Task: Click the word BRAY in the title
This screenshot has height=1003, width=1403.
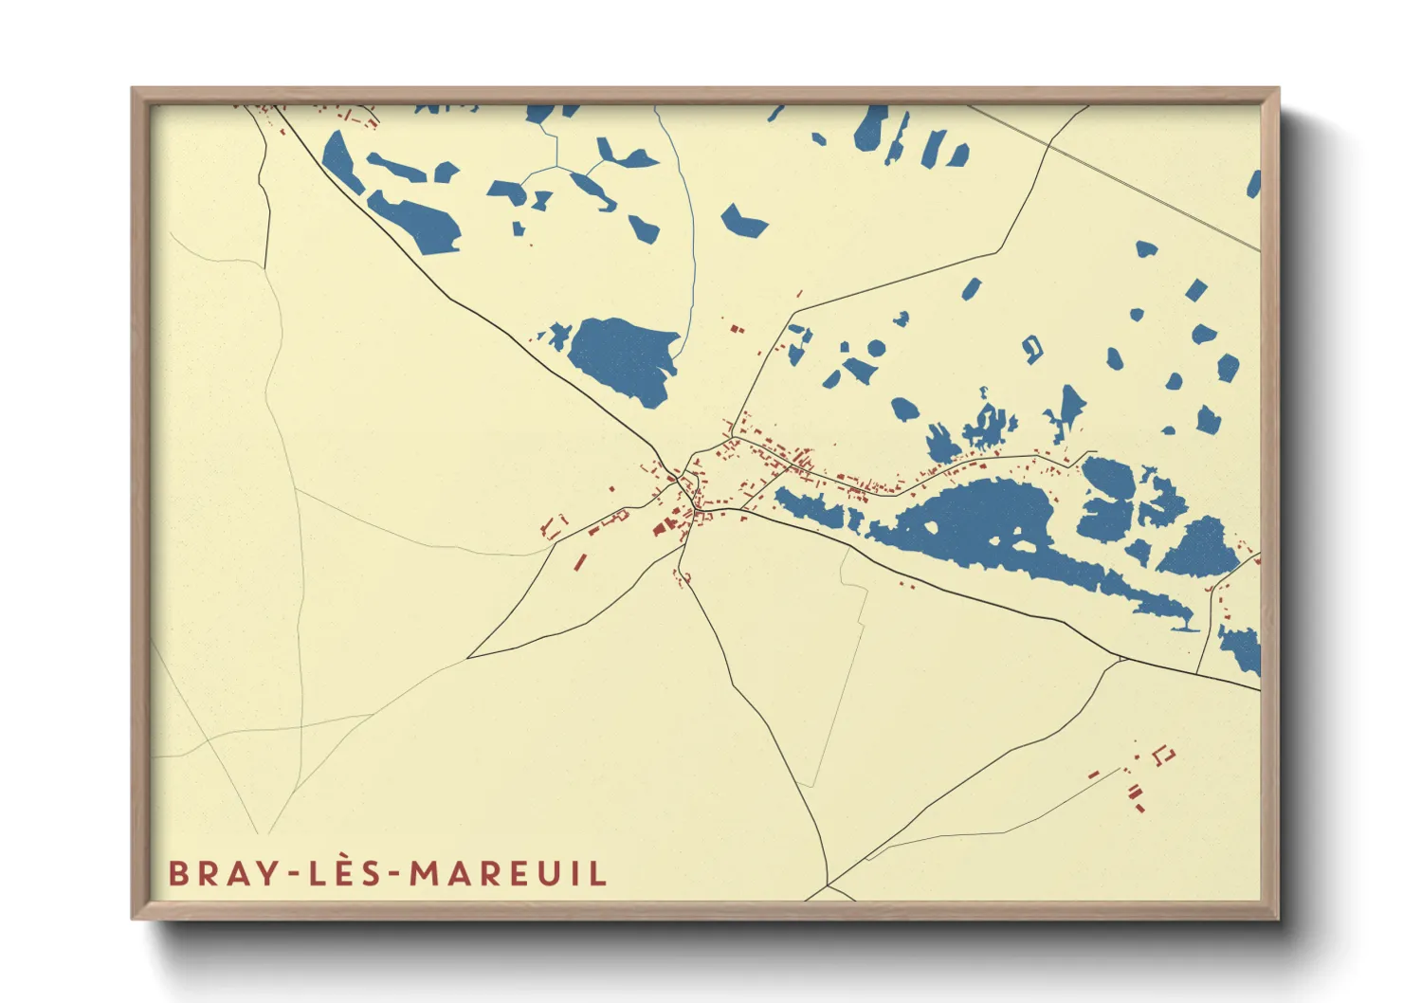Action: (x=220, y=872)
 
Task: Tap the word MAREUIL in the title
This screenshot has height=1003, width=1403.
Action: (x=508, y=872)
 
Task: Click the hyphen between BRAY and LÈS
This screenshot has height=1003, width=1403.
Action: (x=290, y=874)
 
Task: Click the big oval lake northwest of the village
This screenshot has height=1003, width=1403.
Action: (x=621, y=358)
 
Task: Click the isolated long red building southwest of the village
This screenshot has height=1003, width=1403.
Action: (x=579, y=562)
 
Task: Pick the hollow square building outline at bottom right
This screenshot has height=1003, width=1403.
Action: (x=1164, y=756)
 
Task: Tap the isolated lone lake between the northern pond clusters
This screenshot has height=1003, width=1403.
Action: (x=742, y=222)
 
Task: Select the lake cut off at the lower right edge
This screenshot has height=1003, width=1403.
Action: (x=1243, y=647)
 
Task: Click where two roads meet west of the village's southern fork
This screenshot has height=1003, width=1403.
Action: (x=468, y=657)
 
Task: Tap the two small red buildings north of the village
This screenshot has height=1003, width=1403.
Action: (x=736, y=329)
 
